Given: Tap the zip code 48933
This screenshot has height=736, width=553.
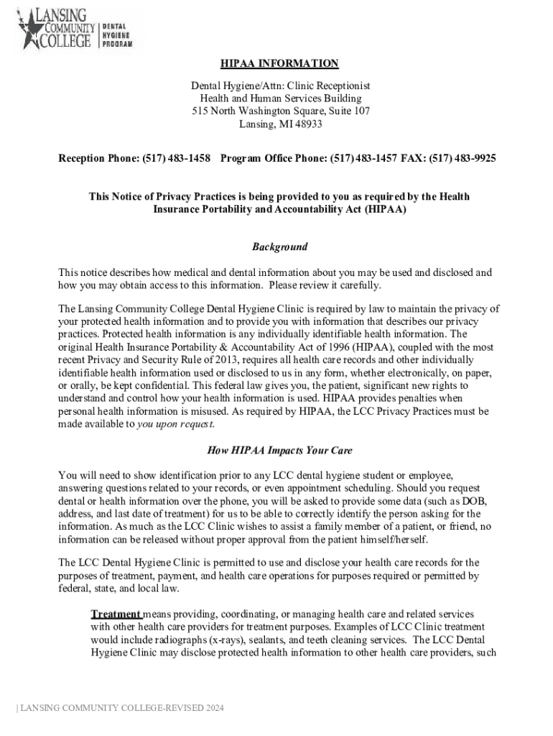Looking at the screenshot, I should tap(308, 124).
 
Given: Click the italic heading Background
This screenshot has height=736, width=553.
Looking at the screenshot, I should tap(279, 247).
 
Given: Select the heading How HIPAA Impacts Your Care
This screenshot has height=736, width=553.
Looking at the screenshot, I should tap(279, 451).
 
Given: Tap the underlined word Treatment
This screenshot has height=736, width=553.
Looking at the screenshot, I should tap(116, 615).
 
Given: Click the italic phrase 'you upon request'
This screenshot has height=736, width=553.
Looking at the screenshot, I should tap(175, 424).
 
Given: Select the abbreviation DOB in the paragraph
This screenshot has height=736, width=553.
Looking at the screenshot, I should tap(473, 502).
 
